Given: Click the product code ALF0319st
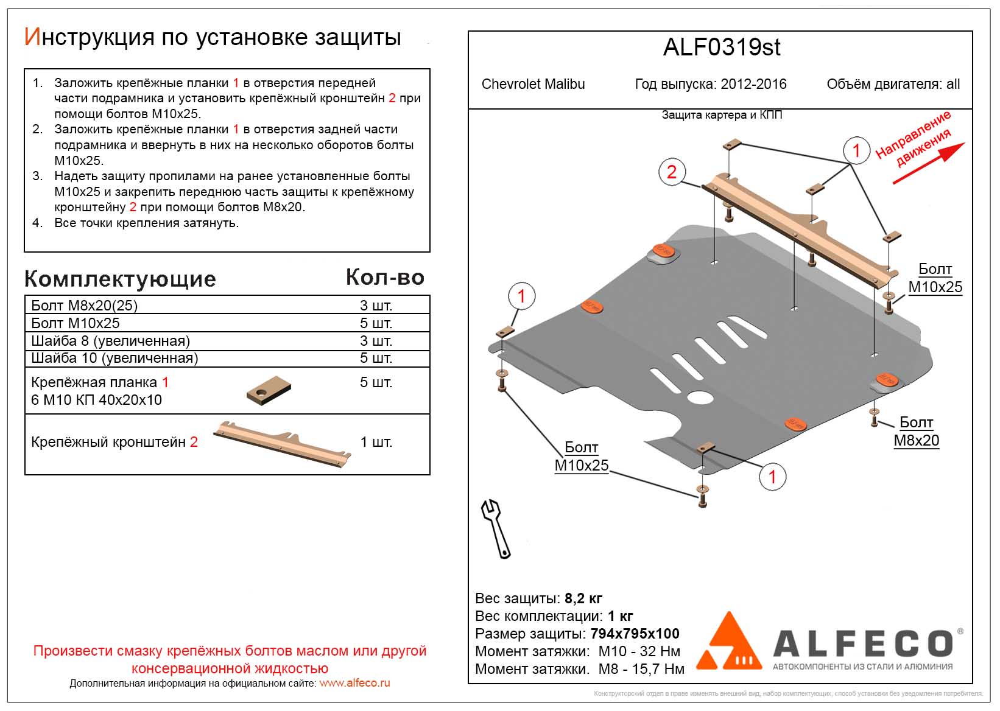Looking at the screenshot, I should (721, 47).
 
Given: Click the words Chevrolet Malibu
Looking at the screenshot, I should (533, 84).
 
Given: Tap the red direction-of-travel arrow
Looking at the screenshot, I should (928, 163).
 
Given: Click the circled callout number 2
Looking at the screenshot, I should (672, 172).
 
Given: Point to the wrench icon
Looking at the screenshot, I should (496, 528).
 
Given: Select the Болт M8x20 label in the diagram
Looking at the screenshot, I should (916, 431).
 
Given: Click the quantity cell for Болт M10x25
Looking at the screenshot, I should (376, 323).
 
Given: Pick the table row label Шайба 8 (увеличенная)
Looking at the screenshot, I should (110, 340).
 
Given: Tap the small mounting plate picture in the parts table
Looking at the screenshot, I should (269, 390).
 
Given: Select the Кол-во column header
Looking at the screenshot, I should (385, 278).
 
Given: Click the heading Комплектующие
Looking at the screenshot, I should (120, 279).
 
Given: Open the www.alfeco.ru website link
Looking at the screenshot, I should (354, 683).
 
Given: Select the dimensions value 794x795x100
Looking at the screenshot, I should (635, 634).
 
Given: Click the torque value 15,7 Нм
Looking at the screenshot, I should (658, 669).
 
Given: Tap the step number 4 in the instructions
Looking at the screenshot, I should (38, 223).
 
